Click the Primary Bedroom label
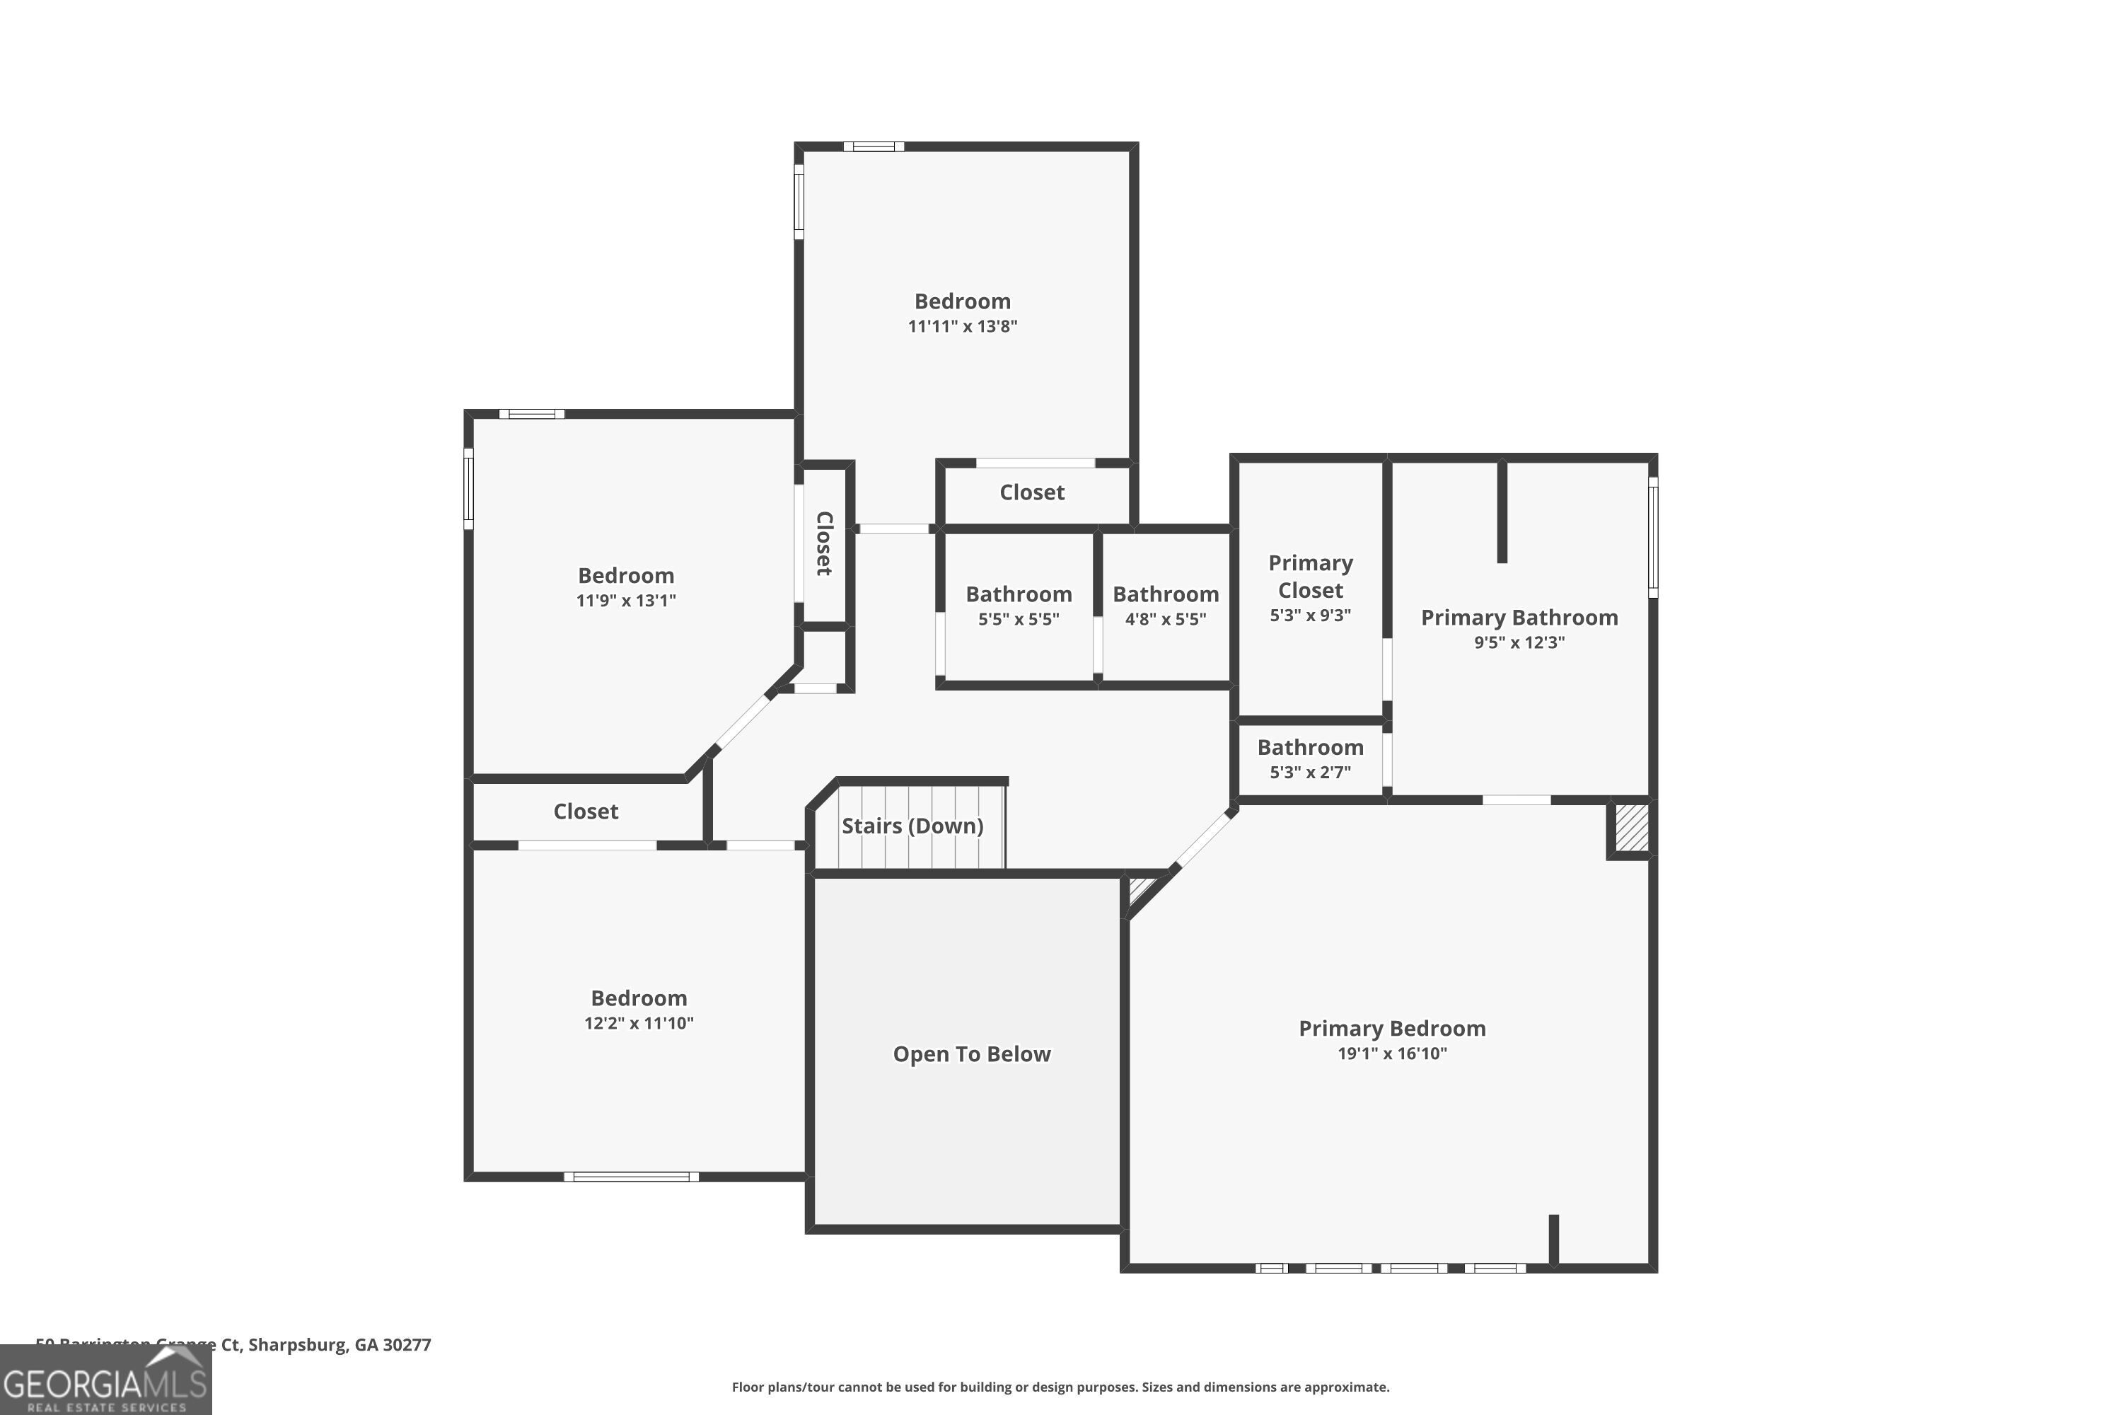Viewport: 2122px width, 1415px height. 1391,1028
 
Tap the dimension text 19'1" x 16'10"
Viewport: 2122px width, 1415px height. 1391,1053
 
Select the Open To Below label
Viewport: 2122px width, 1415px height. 972,1054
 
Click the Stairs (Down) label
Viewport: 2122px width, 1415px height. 912,826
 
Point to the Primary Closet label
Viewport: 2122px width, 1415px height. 1310,577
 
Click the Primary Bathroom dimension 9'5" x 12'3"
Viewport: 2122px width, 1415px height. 1519,642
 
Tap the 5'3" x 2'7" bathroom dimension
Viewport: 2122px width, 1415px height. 1310,773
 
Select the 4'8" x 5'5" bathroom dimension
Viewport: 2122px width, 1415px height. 1165,619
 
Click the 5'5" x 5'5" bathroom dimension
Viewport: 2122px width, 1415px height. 1019,619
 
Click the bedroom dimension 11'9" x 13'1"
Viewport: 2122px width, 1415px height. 625,601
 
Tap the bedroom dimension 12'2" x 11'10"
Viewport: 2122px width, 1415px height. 639,1023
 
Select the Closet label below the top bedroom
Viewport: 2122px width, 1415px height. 1032,492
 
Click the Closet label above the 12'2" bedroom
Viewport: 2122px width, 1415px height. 586,812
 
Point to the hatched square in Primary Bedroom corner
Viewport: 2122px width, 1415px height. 1630,828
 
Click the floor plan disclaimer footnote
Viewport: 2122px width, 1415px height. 1060,1387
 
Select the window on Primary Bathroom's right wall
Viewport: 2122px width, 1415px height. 1653,537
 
